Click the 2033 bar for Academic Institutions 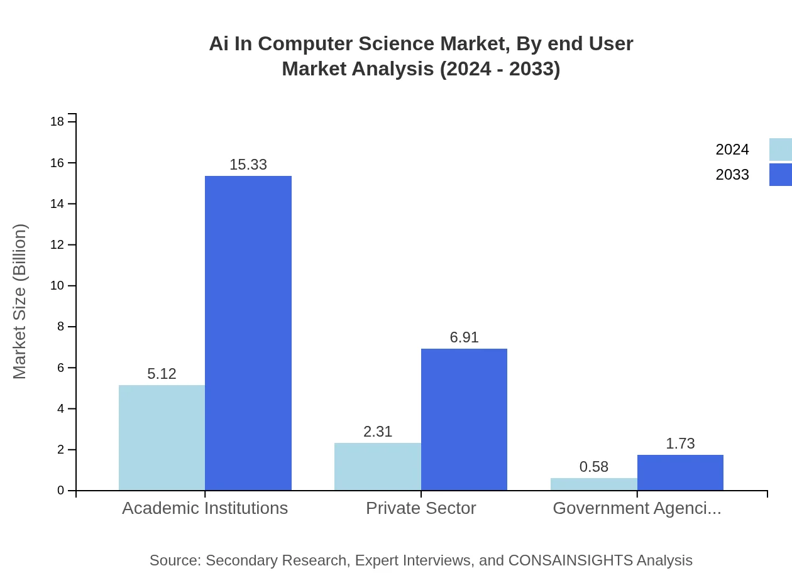point(248,333)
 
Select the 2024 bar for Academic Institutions point(162,437)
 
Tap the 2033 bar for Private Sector point(464,419)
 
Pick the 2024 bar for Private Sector point(377,466)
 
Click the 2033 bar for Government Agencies point(680,472)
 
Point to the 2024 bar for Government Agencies point(593,484)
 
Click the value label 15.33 point(248,165)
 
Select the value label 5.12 point(162,374)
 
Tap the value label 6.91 point(464,337)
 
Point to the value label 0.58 point(593,467)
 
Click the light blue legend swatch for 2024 point(780,150)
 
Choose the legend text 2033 point(732,175)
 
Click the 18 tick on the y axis point(57,121)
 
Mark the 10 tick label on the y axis point(57,286)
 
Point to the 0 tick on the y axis point(60,491)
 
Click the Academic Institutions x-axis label point(205,508)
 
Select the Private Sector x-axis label point(421,508)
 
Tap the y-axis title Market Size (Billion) point(19,302)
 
